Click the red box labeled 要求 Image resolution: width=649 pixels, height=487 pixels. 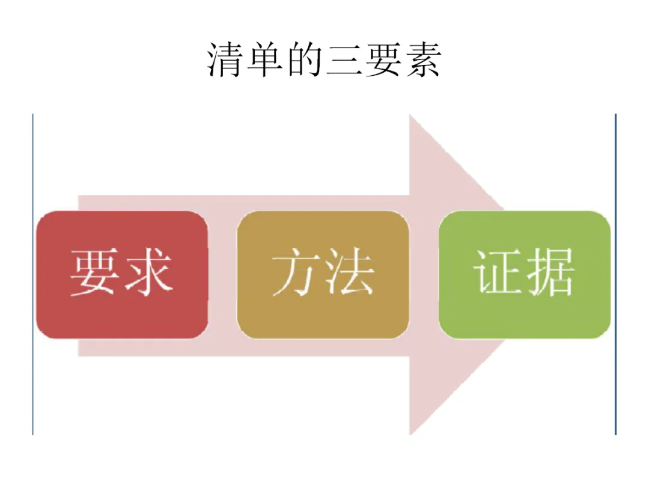pyautogui.click(x=122, y=274)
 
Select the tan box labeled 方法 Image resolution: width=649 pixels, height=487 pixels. pyautogui.click(x=323, y=274)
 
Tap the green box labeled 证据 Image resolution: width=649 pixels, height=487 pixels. pyautogui.click(x=525, y=274)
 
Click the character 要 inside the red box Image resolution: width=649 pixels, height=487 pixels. pyautogui.click(x=95, y=272)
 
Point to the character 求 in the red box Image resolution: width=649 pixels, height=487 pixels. pyautogui.click(x=148, y=272)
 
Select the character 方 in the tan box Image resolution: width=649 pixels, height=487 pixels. pyautogui.click(x=296, y=272)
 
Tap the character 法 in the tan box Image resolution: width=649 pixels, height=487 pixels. pyautogui.click(x=349, y=272)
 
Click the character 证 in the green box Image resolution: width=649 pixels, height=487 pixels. pyautogui.click(x=498, y=272)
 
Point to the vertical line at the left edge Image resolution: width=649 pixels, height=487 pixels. pyautogui.click(x=33, y=274)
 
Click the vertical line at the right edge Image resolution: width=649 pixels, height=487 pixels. pyautogui.click(x=616, y=274)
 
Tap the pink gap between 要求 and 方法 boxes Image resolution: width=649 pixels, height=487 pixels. pyautogui.click(x=222, y=274)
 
